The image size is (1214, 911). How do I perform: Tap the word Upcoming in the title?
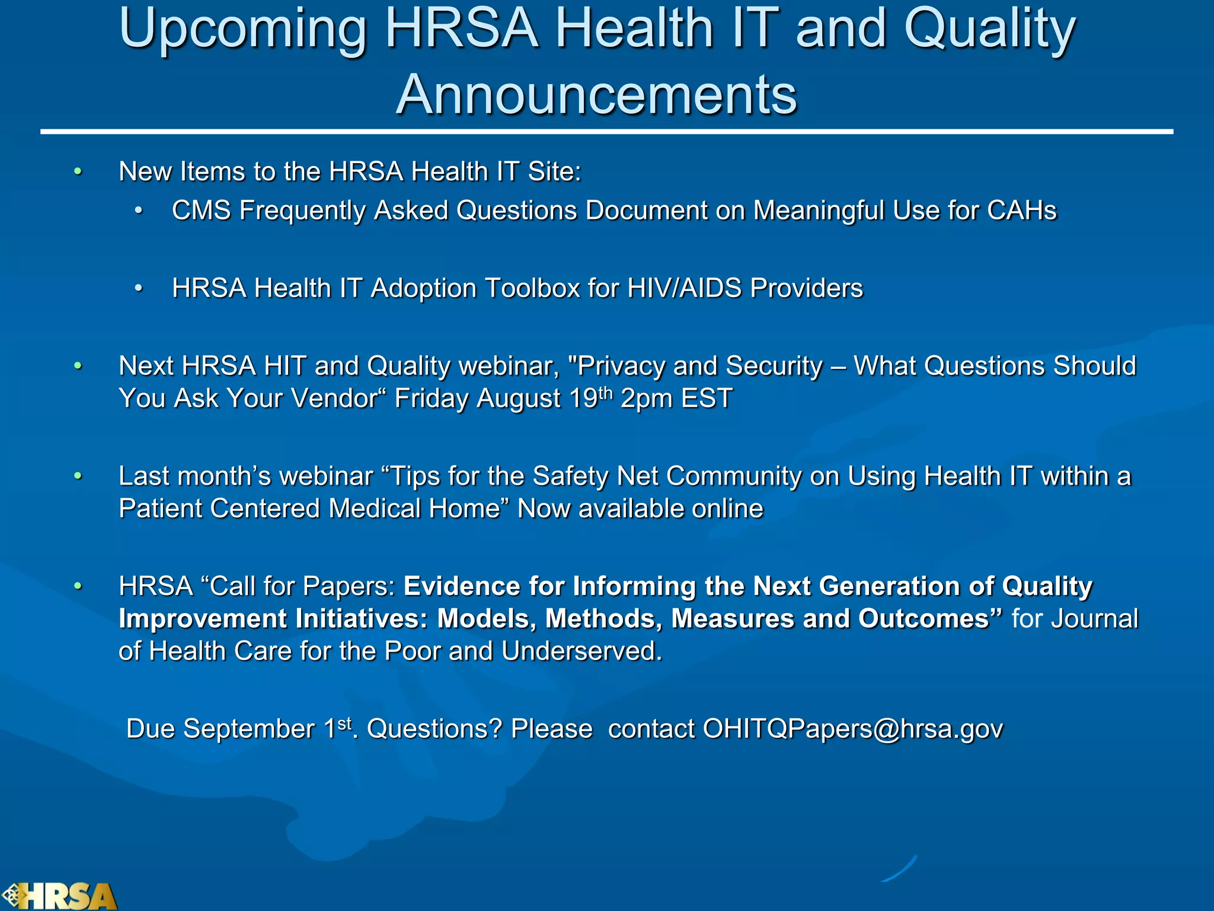[243, 30]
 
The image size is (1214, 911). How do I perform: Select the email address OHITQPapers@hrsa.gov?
[852, 729]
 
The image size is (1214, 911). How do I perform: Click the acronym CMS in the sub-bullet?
[201, 211]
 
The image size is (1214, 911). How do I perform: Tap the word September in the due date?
[248, 729]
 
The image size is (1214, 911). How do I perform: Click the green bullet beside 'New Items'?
[78, 172]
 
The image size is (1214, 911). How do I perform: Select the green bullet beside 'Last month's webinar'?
[78, 476]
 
